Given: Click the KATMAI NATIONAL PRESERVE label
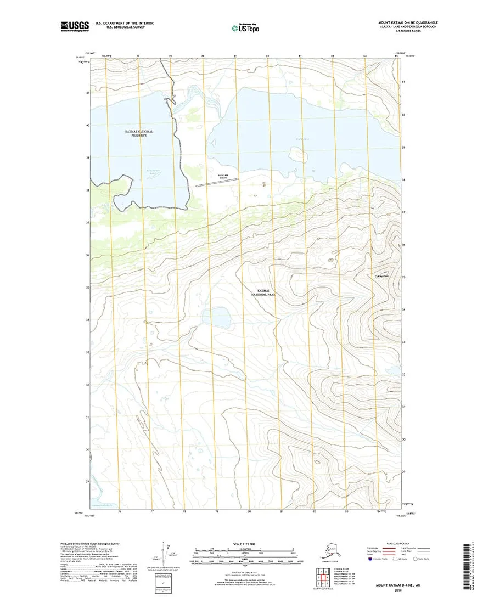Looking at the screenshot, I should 139,133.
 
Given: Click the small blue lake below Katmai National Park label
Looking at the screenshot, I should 216,317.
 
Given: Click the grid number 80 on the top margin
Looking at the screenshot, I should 235,57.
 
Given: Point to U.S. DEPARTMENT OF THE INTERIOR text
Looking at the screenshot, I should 125,23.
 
